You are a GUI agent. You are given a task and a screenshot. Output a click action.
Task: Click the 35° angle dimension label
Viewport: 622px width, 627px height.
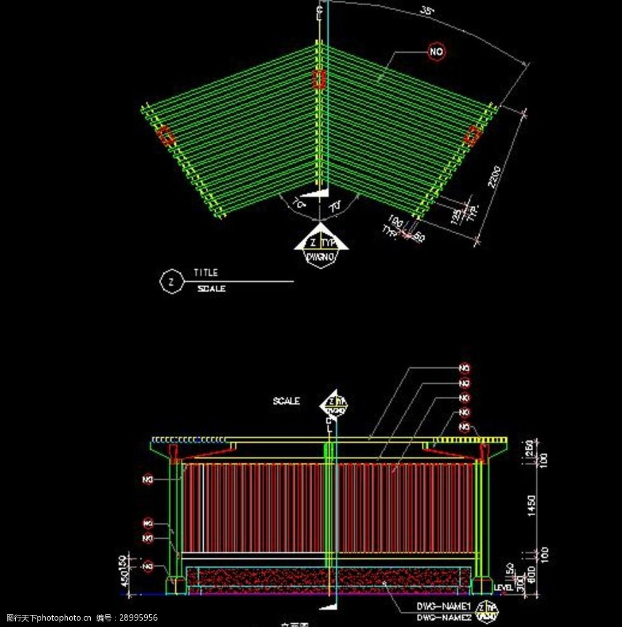click(427, 11)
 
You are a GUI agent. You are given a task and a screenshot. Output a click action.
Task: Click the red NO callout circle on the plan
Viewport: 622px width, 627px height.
click(437, 52)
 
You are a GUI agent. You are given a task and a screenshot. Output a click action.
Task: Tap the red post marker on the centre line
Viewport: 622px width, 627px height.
click(319, 79)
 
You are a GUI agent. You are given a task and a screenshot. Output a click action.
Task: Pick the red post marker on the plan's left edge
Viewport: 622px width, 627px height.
click(165, 136)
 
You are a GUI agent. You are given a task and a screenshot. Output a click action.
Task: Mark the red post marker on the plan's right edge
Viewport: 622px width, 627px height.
click(472, 136)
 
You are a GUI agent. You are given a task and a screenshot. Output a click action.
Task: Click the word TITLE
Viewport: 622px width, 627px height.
click(206, 273)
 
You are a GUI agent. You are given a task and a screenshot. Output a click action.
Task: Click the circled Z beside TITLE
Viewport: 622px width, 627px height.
click(170, 281)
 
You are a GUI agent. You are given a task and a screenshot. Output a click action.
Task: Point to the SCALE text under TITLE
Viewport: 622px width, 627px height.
click(211, 288)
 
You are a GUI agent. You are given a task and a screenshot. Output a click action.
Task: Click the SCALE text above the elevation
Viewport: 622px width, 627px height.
click(286, 401)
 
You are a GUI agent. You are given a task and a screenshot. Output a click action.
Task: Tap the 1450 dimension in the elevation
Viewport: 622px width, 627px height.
click(532, 506)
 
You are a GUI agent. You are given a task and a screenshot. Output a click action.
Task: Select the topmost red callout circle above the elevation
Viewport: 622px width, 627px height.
click(465, 368)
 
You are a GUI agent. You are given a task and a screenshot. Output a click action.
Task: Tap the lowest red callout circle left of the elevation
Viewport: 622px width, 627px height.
click(148, 565)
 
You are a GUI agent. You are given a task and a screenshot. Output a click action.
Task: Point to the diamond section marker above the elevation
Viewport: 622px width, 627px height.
click(334, 403)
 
